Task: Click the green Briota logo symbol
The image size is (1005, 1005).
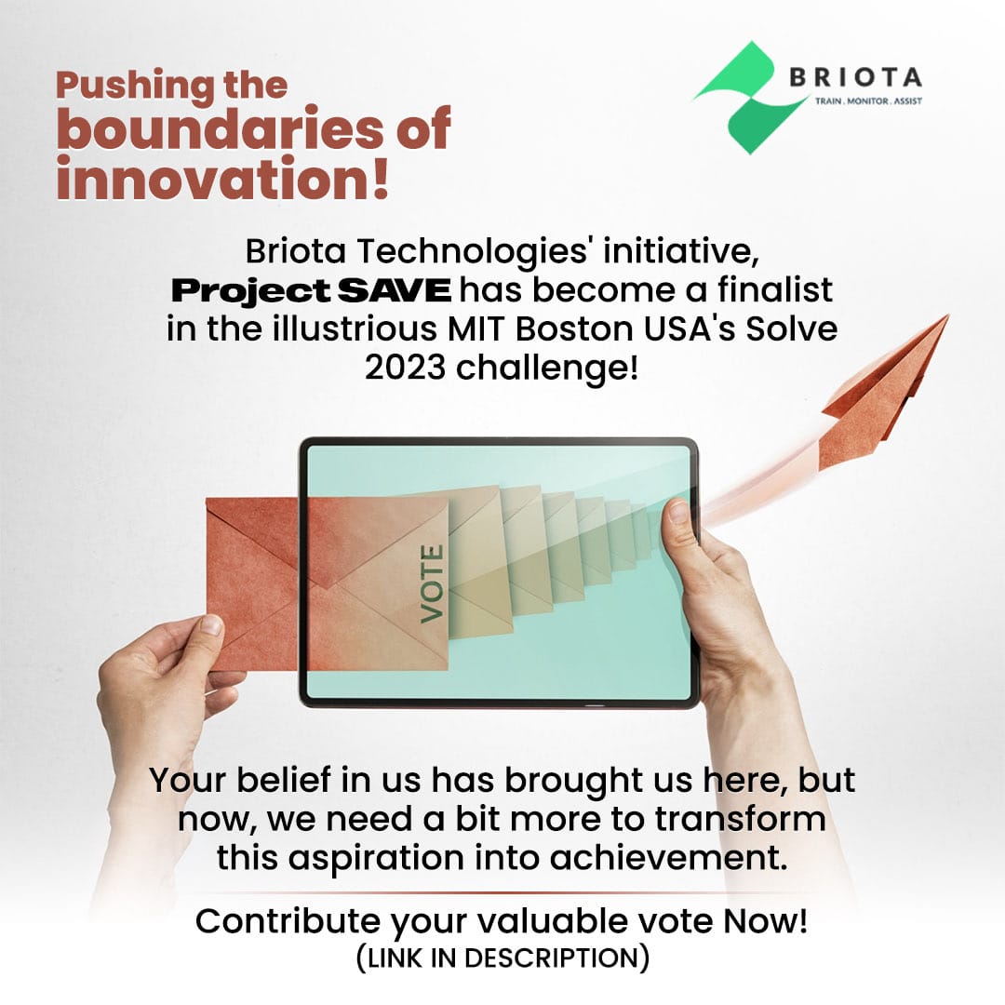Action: click(750, 97)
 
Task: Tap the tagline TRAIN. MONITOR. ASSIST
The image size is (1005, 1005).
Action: click(867, 101)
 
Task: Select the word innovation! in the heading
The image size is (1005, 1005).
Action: click(221, 178)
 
